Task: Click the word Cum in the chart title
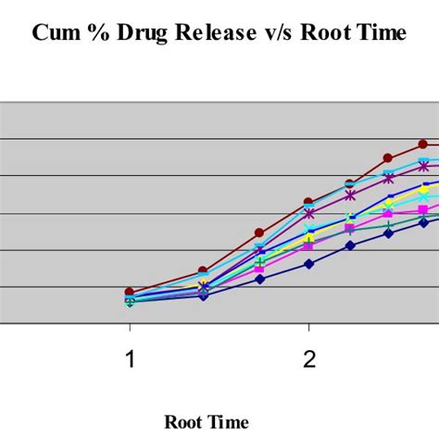54,34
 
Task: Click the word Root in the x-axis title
184,422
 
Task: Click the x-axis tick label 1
130,359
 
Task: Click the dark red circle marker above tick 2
309,202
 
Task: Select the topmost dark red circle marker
423,144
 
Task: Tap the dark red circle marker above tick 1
130,292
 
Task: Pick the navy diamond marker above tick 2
309,263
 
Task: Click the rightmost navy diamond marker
424,221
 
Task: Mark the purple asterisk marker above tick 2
309,213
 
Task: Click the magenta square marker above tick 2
309,245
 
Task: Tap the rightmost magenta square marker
423,211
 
